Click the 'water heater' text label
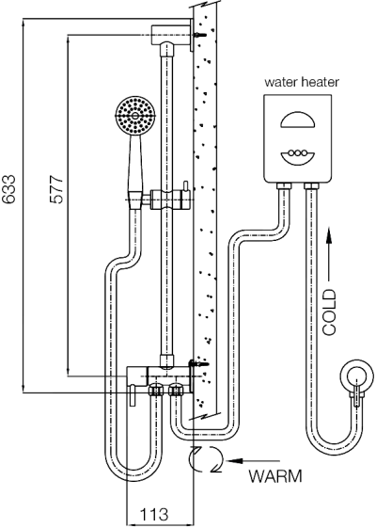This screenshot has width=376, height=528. (301, 83)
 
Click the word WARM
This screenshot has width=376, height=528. (276, 476)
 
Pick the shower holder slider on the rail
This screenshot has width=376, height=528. (168, 200)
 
